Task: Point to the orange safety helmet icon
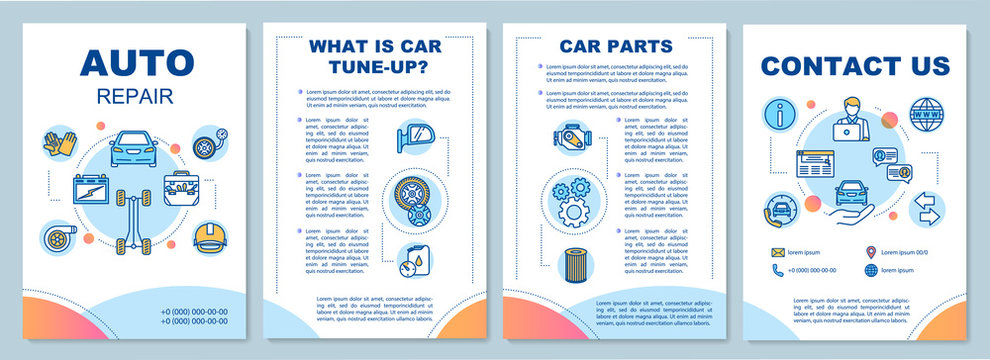coord(208,236)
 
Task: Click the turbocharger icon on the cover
coord(58,235)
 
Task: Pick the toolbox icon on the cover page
coord(181,187)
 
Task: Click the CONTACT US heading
coord(855,66)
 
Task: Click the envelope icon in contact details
coord(777,252)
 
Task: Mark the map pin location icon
coord(871,252)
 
